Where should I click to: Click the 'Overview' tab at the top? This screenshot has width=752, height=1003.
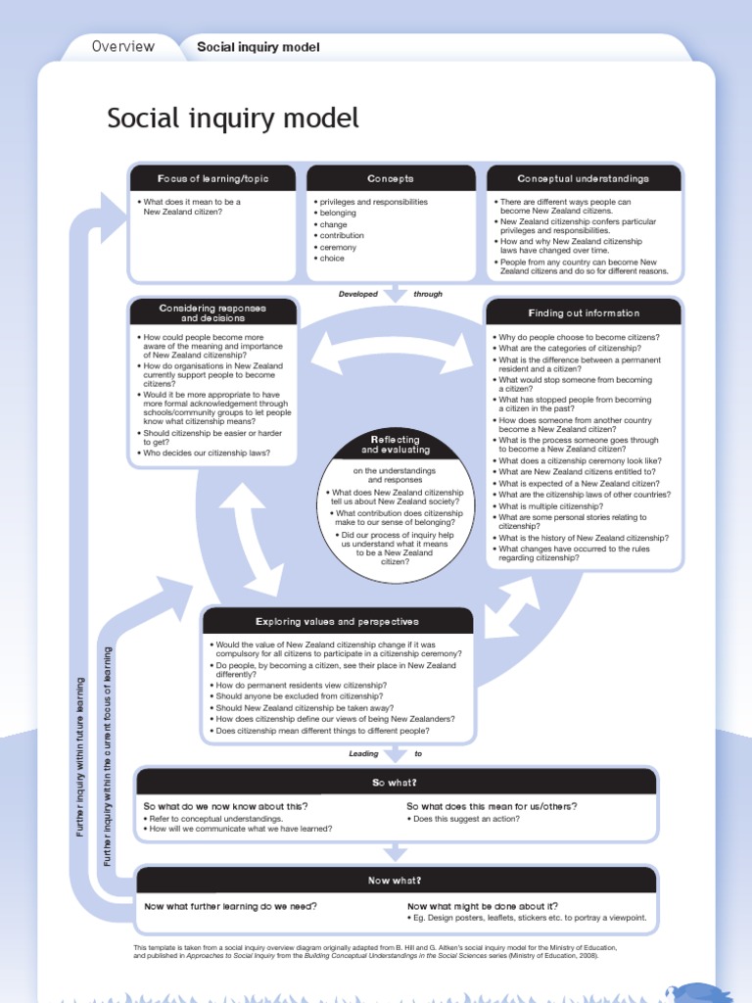(x=122, y=46)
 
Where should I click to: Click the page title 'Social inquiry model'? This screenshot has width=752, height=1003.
(x=233, y=119)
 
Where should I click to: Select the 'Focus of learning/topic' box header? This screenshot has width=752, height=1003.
(x=212, y=179)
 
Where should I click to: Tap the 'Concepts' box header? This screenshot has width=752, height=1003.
(x=391, y=179)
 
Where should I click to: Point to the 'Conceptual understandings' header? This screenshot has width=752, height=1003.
(x=583, y=179)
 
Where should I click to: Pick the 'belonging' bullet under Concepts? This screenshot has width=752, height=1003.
(x=338, y=213)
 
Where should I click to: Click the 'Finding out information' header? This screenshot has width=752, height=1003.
(x=584, y=313)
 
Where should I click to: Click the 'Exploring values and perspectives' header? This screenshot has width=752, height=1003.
(x=337, y=622)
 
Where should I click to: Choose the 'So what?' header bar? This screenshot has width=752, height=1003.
(x=395, y=783)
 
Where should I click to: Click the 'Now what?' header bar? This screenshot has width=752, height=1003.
(x=395, y=881)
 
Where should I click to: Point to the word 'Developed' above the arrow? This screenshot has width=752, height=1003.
(x=357, y=294)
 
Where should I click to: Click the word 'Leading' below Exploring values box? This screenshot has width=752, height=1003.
(x=363, y=754)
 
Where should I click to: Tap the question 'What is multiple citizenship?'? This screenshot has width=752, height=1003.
(x=550, y=506)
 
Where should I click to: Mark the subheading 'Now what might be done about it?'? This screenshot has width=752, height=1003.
(x=483, y=906)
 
